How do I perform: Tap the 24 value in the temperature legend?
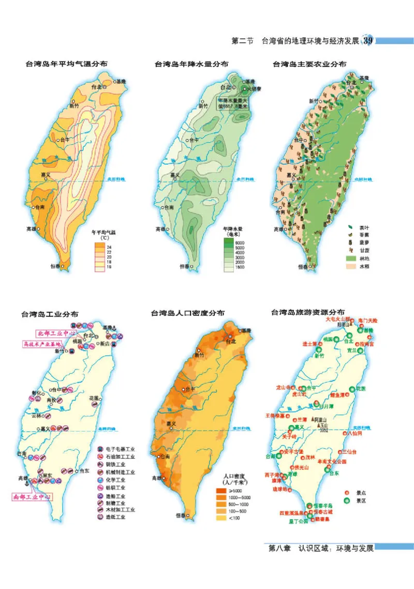click(109, 248)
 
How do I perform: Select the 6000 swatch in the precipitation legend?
click(228, 242)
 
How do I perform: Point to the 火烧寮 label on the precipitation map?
click(254, 89)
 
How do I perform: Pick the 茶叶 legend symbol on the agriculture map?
click(350, 227)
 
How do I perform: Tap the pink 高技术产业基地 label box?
click(42, 343)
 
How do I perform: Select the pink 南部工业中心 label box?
click(32, 497)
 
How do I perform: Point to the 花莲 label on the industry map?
click(94, 398)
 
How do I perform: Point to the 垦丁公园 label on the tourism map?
click(299, 522)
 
